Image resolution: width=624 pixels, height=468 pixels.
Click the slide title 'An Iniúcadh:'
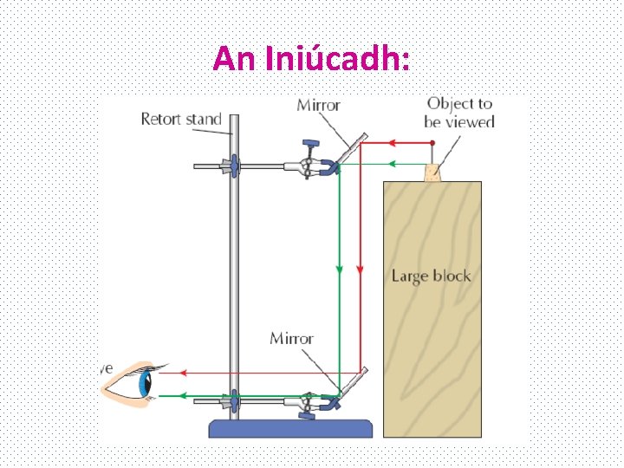coord(312,58)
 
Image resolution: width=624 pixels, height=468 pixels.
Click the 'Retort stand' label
coord(181,120)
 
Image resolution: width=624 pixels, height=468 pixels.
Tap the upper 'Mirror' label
coord(319,106)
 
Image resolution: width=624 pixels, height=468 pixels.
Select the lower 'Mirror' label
coord(291,338)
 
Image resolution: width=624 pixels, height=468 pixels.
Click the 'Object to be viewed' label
coord(459,113)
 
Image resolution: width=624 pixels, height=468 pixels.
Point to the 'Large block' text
coord(431,276)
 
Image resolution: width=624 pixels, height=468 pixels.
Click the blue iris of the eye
coord(144,382)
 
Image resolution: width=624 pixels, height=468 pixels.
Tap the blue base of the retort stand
coord(296,428)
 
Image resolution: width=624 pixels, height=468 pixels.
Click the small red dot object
coord(432,142)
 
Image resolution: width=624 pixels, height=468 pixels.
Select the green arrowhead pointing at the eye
coord(184,395)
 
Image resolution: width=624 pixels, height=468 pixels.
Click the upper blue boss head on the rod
coord(232,165)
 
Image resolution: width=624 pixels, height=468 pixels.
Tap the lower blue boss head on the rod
coord(232,400)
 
